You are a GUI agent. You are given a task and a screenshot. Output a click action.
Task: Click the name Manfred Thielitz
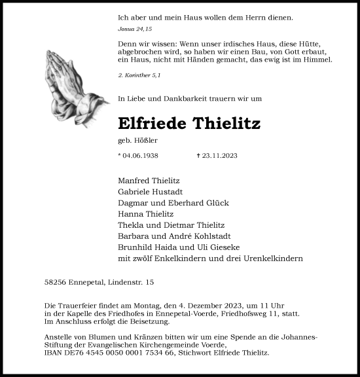tap(149, 180)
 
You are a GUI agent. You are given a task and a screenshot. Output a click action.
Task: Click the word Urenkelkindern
tap(276, 258)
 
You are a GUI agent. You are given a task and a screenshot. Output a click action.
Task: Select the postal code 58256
tap(49, 283)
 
